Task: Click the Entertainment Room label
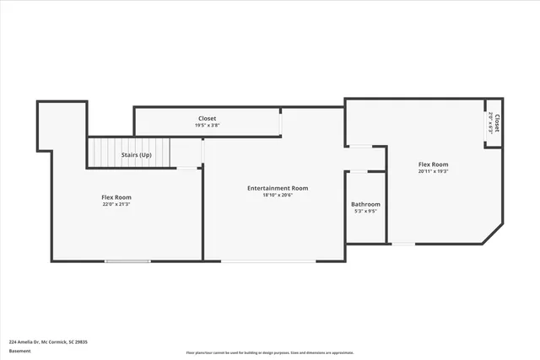coord(277,188)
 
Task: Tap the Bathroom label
coord(365,204)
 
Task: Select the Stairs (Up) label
coord(137,155)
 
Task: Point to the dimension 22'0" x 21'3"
coord(116,204)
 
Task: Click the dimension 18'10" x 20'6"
coord(277,196)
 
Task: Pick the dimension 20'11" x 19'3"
coord(433,171)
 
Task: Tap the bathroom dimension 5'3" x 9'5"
coord(365,212)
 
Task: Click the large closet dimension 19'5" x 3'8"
coord(207,126)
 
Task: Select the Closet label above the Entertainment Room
coord(207,118)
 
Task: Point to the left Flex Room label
coord(116,196)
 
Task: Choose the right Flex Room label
coord(433,164)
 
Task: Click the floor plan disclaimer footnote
coord(270,352)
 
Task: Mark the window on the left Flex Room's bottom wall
coord(127,261)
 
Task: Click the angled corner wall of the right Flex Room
coord(492,234)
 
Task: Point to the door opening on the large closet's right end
coord(282,121)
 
